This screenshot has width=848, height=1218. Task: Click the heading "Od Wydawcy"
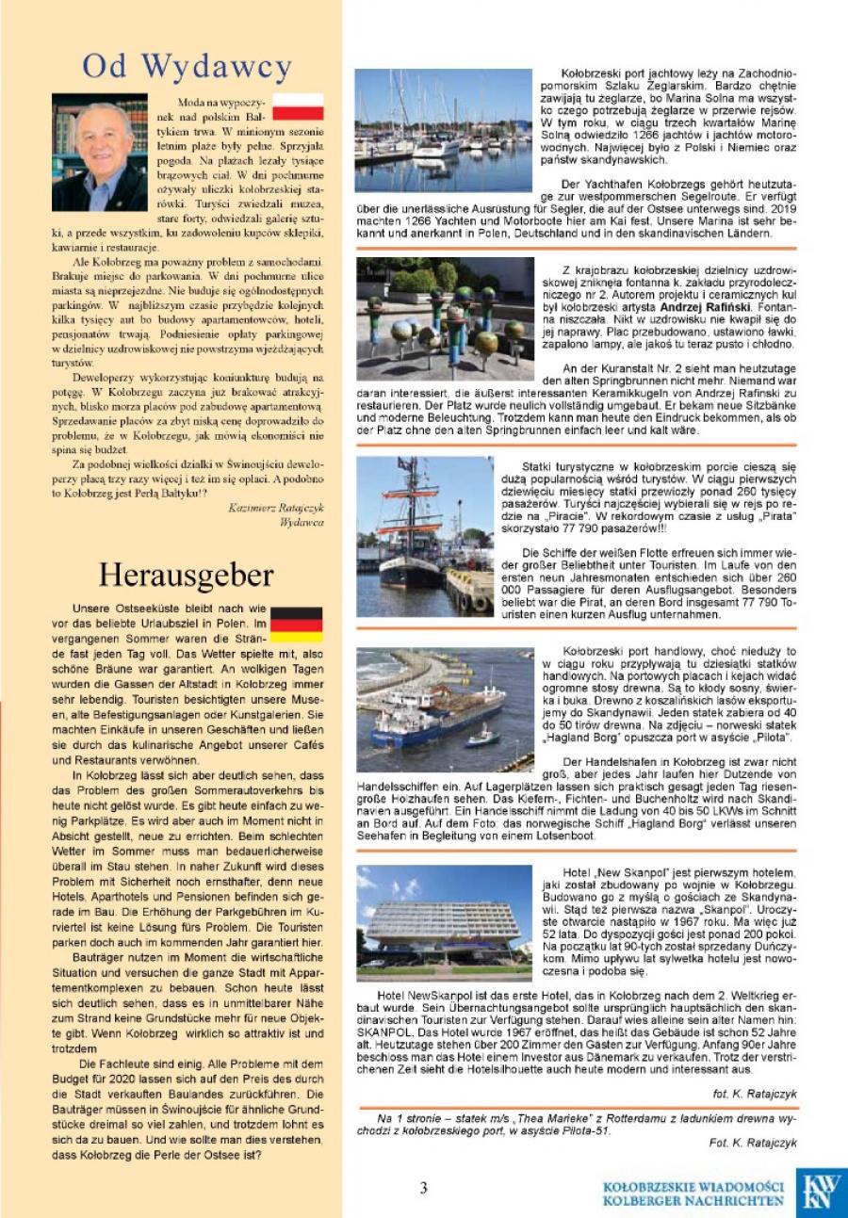coord(187,67)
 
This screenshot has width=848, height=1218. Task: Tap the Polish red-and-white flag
coord(298,106)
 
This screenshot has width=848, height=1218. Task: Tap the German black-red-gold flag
coord(296,624)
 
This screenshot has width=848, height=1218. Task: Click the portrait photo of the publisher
coord(100,152)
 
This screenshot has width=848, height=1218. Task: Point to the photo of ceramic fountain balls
coord(444,318)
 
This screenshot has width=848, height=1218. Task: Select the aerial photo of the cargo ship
coord(444,711)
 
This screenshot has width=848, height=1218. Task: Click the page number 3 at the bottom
coord(424,1188)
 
